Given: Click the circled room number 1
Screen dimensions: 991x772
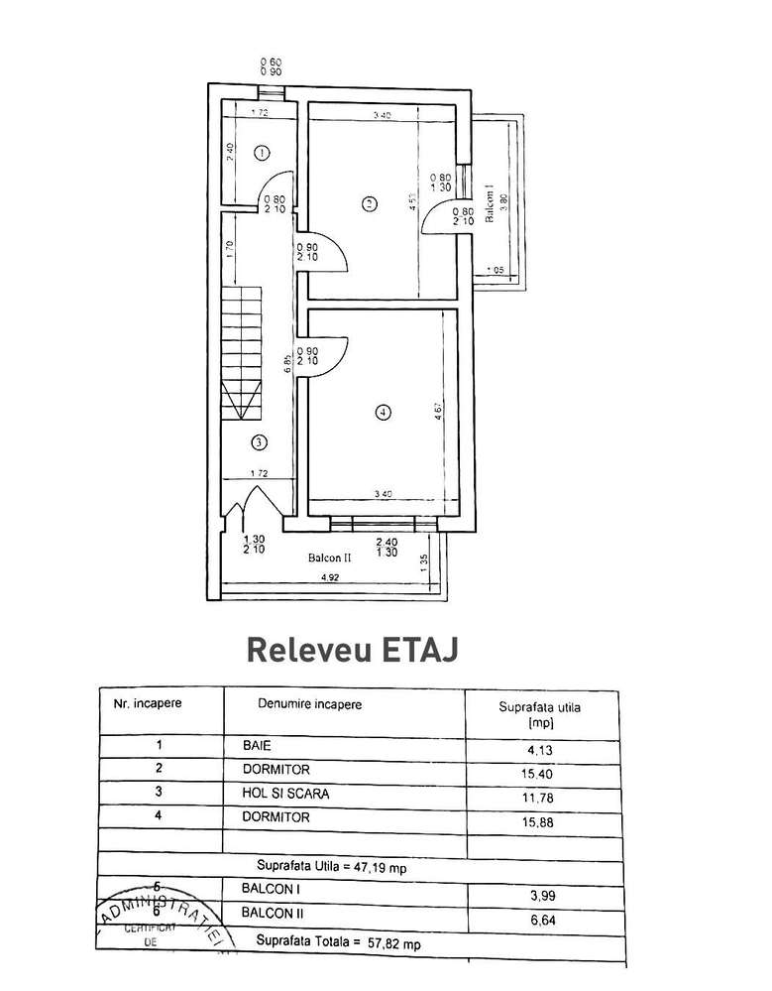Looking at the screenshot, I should [262, 153].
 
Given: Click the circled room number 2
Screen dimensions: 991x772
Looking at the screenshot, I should [369, 204].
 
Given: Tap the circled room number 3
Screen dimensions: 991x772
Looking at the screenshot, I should [258, 441].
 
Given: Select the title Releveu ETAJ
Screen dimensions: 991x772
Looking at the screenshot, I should [352, 649].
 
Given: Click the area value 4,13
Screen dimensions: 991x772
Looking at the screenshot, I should [541, 750].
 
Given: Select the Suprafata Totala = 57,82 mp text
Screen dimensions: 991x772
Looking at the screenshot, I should [337, 943].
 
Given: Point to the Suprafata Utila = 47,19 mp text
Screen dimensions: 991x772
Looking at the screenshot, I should [335, 865].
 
